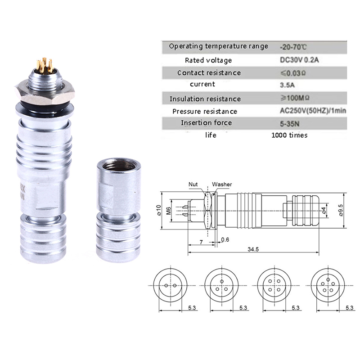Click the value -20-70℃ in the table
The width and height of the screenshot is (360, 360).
293,47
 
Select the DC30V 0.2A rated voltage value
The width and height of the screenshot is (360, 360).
299,60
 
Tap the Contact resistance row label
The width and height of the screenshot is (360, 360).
209,73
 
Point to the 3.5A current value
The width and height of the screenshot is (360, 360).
287,85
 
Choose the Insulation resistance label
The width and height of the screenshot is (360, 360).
205,99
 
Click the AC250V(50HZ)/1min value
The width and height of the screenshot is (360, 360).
313,111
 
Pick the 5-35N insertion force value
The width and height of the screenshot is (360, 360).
289,124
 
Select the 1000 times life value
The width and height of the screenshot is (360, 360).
289,135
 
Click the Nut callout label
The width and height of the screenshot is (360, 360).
193,184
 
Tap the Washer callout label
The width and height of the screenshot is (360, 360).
222,184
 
